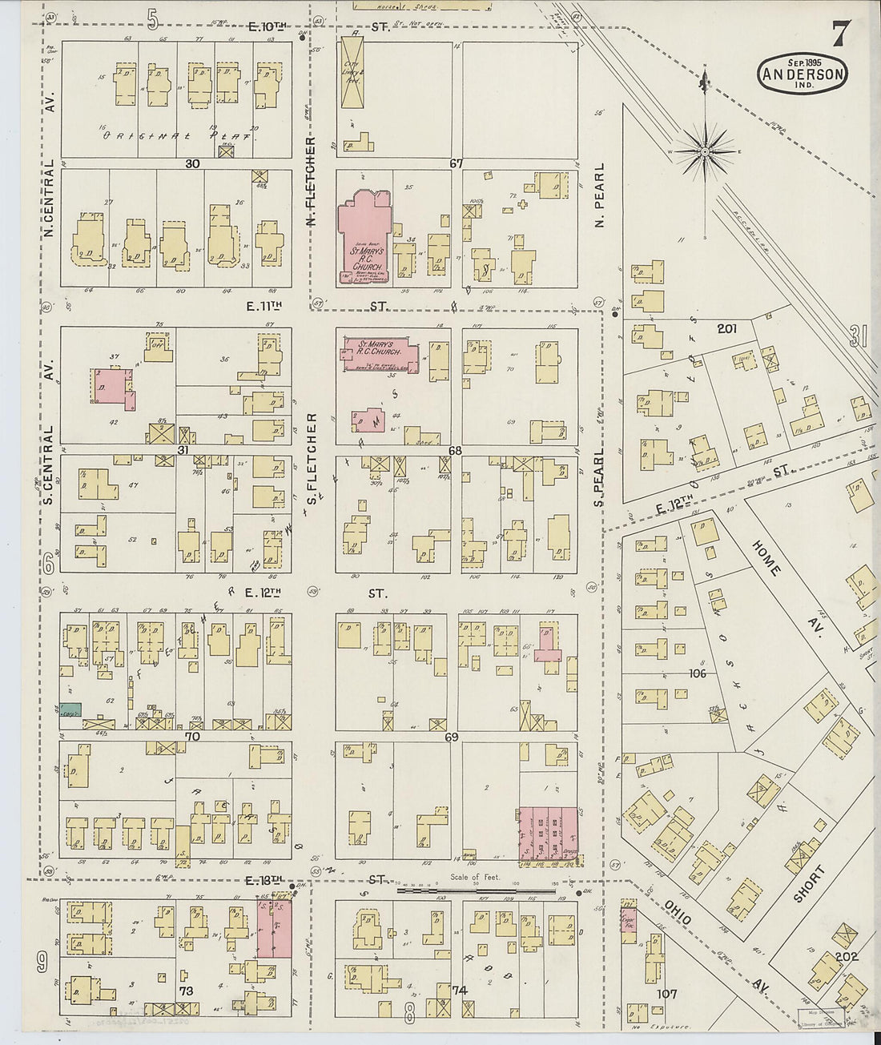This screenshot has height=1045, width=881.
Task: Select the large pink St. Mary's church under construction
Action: (362, 238)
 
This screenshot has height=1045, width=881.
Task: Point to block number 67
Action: (456, 163)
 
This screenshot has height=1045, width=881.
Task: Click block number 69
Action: (452, 736)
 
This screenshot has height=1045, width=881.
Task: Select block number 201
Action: (727, 328)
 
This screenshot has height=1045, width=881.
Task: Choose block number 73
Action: (186, 991)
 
